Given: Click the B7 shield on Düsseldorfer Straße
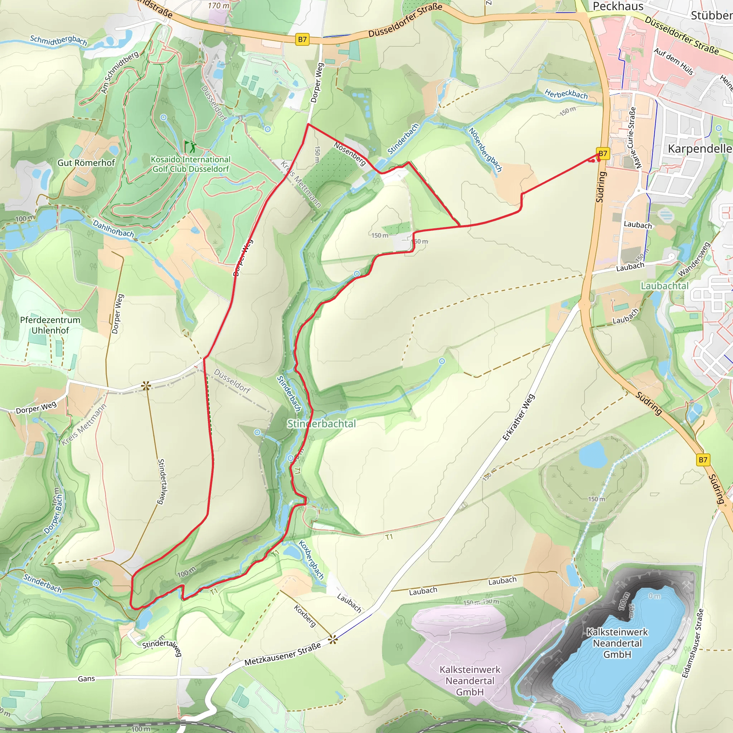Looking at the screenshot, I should tap(302, 39).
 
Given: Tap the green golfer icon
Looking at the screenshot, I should tap(190, 146).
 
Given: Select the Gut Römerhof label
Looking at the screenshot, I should tap(86, 163).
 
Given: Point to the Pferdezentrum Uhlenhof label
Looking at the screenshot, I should tap(50, 325).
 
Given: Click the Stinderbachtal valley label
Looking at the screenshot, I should tap(321, 424).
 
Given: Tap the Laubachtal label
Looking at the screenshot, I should tap(664, 286).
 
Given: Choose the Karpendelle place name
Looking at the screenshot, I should tap(699, 149).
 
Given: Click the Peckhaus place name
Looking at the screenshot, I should tap(618, 6).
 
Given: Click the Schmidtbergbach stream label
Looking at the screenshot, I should tap(58, 40).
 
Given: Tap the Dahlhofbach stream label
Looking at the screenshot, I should tap(113, 229).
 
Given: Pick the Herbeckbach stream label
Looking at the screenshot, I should tap(566, 94).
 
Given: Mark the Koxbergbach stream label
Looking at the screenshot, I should tap(311, 559).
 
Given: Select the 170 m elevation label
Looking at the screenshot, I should tap(219, 6).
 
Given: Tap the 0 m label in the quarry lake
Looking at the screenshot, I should tap(655, 596).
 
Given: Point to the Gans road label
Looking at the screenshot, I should tap(86, 678).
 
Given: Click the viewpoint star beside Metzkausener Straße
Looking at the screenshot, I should tap(333, 640).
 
